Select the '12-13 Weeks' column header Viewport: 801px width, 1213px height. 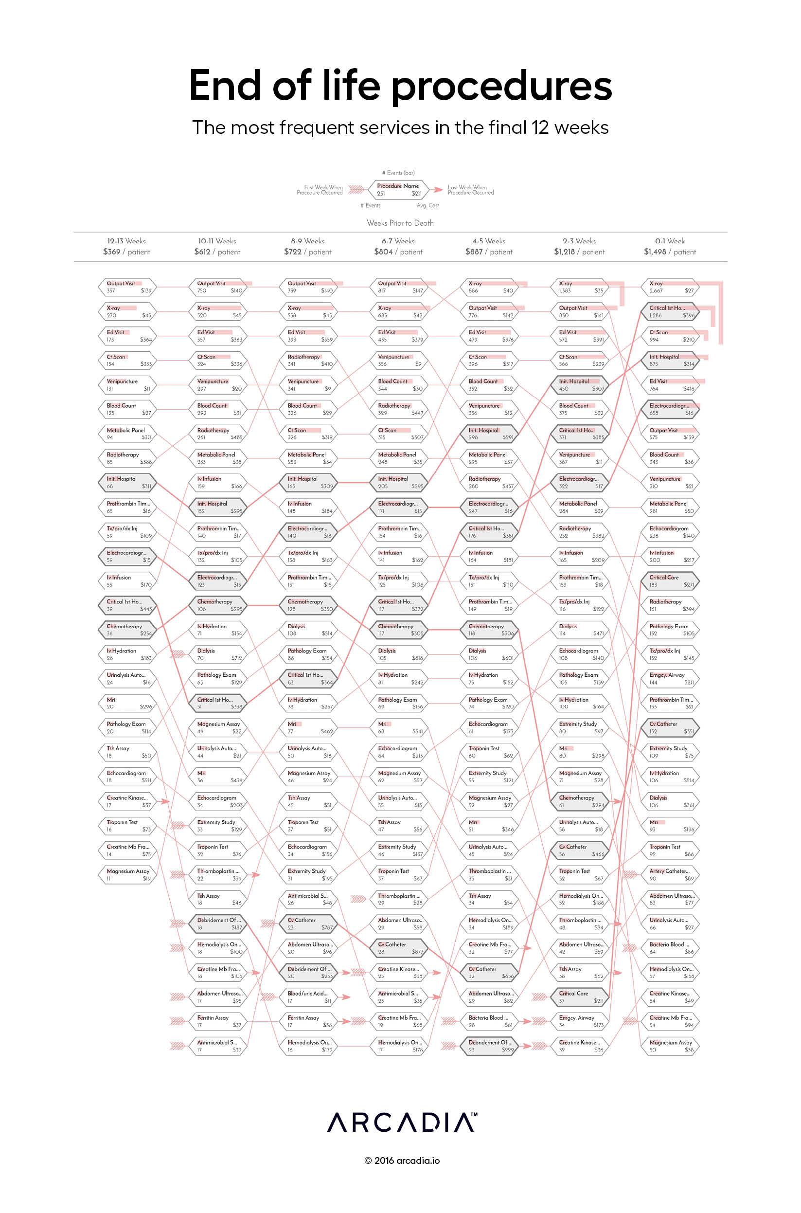click(x=126, y=241)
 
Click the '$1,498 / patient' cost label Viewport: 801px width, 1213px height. click(x=670, y=252)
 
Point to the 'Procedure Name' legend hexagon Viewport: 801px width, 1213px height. click(x=398, y=190)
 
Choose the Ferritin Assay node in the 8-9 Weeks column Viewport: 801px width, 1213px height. click(x=309, y=1021)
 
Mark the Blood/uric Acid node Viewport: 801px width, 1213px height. click(x=309, y=997)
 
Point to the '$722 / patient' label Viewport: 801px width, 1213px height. click(x=307, y=252)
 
